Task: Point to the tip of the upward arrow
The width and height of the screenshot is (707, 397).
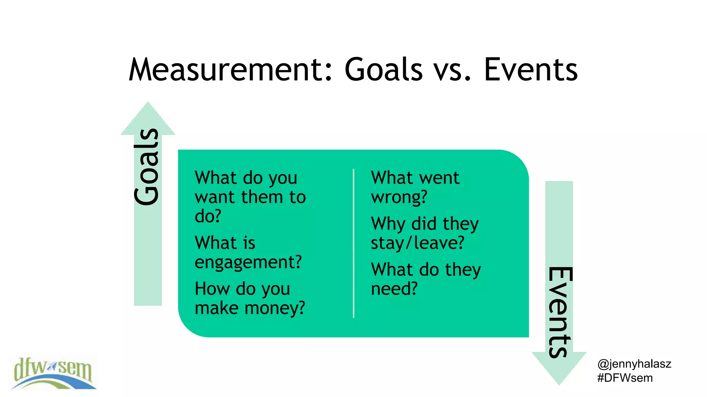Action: pyautogui.click(x=148, y=103)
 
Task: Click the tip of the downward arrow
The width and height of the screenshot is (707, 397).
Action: pyautogui.click(x=559, y=383)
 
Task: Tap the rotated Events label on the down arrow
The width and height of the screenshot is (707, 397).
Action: pyautogui.click(x=560, y=312)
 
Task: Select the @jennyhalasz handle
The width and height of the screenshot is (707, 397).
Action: pyautogui.click(x=634, y=364)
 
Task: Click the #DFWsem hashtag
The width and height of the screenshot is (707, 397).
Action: pyautogui.click(x=625, y=378)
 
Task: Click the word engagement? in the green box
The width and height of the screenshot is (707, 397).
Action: pyautogui.click(x=248, y=263)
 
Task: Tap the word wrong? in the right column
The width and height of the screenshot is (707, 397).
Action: pyautogui.click(x=399, y=197)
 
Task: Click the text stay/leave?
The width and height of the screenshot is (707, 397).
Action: pyautogui.click(x=417, y=243)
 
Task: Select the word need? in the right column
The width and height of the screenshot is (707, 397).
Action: pyautogui.click(x=394, y=289)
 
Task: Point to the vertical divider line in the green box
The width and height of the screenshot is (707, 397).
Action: pyautogui.click(x=353, y=243)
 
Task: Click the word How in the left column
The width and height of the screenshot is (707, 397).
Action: pyautogui.click(x=208, y=288)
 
